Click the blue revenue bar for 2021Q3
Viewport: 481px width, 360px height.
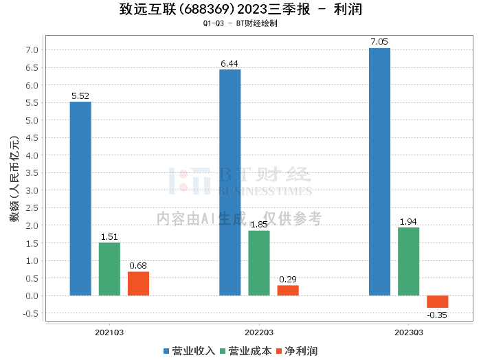tap(80, 199)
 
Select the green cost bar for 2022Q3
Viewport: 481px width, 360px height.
tap(259, 263)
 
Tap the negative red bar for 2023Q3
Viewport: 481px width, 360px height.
tap(438, 302)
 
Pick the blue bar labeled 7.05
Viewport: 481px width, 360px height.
tap(379, 172)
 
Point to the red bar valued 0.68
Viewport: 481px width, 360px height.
tap(138, 284)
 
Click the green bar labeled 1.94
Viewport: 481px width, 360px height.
tap(408, 262)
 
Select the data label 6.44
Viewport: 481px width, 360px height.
tap(230, 63)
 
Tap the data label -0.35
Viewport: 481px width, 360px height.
tap(437, 315)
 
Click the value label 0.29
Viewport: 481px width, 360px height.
tap(288, 280)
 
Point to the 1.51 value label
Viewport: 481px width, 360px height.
tap(109, 237)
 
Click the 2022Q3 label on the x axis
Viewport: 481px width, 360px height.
tap(259, 333)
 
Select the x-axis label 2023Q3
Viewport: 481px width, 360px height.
tap(409, 333)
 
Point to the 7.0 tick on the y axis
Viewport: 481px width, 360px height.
tap(32, 50)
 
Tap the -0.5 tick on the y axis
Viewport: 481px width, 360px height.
tap(31, 313)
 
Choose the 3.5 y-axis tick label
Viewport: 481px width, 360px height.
tap(32, 173)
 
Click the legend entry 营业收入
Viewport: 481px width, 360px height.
tap(189, 351)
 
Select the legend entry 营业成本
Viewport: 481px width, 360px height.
tap(246, 351)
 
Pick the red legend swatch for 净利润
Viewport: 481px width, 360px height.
tap(279, 351)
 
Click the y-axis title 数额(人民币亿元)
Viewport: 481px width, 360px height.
tap(14, 179)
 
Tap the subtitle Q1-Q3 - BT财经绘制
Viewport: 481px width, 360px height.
tap(240, 23)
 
